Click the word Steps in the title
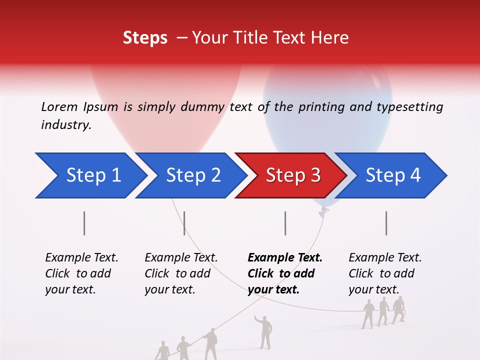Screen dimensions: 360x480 pyautogui.click(x=145, y=38)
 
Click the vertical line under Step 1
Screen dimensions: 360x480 pyautogui.click(x=84, y=223)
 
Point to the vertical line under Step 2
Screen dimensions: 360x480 pyautogui.click(x=184, y=223)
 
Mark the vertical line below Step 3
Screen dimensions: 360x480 pyautogui.click(x=285, y=223)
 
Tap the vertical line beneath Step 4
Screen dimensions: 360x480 pyautogui.click(x=386, y=223)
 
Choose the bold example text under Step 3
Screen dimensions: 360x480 pyautogui.click(x=284, y=273)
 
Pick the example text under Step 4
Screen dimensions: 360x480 pyautogui.click(x=385, y=273)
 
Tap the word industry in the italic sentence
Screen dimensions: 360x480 pyautogui.click(x=65, y=125)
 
